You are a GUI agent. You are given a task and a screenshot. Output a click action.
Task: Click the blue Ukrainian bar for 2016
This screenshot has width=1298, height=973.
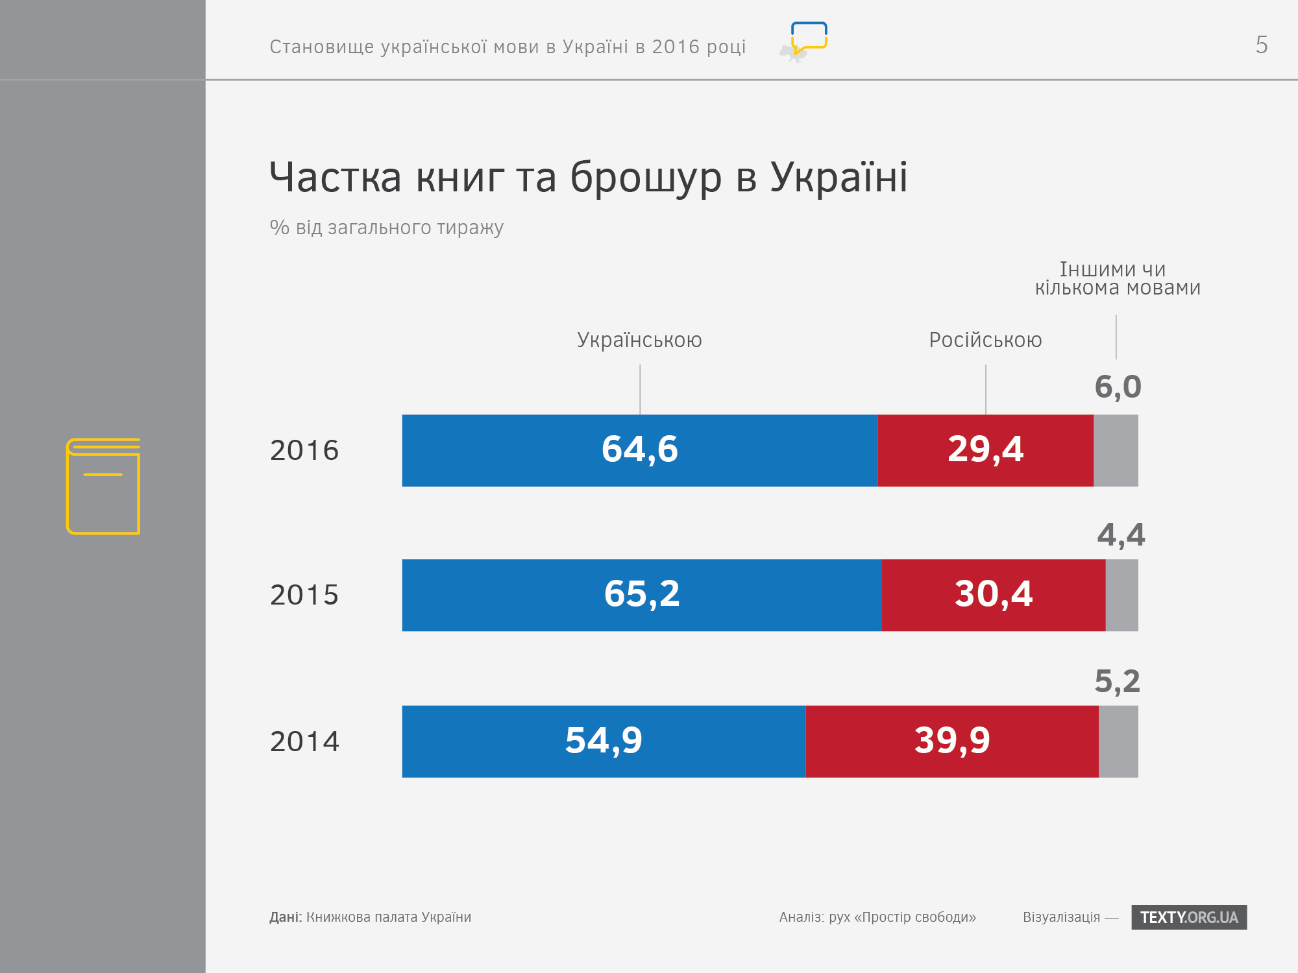(639, 450)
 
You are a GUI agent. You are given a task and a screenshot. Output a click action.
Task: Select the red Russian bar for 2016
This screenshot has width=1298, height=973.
(985, 450)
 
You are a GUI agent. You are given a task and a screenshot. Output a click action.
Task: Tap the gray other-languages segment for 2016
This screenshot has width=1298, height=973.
(1116, 450)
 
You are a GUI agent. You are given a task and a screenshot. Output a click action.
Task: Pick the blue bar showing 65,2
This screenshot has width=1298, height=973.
(642, 595)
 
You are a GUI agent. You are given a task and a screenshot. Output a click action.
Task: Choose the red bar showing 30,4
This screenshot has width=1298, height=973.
(993, 595)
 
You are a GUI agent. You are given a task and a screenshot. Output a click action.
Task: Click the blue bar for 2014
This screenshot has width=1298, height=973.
(604, 741)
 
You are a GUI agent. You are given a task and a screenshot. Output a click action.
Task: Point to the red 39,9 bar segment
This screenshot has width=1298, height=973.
(951, 741)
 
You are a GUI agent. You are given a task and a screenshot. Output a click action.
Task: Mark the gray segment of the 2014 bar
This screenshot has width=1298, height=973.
(1118, 741)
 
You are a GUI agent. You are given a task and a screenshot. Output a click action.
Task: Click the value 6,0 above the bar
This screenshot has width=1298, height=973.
(1118, 387)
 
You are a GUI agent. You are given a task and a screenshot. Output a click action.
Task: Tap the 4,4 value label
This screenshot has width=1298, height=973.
(1121, 535)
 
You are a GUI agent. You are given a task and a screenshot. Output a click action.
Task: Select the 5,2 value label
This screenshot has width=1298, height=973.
(1117, 682)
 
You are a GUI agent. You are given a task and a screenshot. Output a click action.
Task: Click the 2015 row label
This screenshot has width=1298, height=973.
(304, 595)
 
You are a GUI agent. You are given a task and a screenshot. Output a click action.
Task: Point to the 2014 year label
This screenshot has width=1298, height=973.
(304, 741)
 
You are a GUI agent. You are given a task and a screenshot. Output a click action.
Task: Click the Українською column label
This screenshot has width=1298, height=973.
(639, 340)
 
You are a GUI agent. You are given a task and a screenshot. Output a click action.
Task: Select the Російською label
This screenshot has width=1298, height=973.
(985, 340)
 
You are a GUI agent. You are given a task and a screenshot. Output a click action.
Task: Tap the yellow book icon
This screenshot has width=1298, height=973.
(103, 486)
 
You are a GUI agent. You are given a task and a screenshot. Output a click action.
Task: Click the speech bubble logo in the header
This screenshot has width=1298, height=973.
(808, 39)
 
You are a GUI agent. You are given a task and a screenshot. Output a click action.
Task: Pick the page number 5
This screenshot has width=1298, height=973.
(1261, 45)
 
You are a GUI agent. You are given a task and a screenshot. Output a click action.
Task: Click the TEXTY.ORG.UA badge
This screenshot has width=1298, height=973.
(1189, 917)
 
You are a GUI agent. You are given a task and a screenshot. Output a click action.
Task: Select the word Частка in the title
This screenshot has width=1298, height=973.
(336, 177)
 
